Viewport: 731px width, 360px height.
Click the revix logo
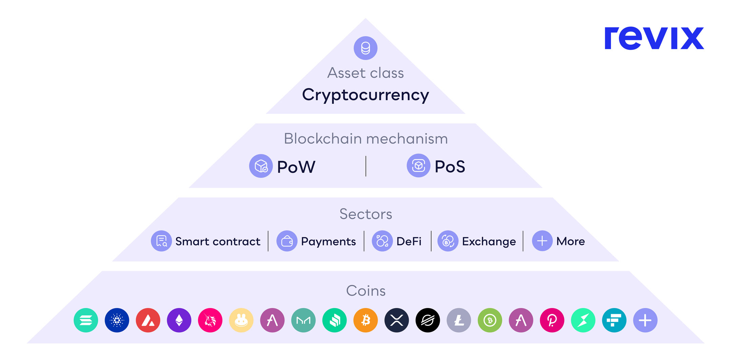[x=654, y=38]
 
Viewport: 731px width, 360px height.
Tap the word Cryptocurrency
[x=365, y=95]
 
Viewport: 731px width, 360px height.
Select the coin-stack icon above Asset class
[x=365, y=48]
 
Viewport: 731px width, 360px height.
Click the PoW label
[x=296, y=167]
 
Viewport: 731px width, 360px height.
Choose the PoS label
[x=450, y=166]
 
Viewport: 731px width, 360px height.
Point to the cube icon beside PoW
[x=261, y=166]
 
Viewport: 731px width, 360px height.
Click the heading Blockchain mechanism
[x=365, y=139]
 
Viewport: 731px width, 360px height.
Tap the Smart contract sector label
[x=218, y=241]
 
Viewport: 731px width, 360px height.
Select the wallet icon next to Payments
[x=287, y=241]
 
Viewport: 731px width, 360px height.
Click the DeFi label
[x=409, y=241]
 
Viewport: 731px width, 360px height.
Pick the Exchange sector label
[x=489, y=241]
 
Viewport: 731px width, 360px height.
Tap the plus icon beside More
[x=542, y=241]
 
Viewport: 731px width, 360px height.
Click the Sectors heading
[x=365, y=214]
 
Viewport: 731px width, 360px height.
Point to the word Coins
[x=365, y=291]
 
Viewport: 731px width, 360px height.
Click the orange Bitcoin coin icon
[x=365, y=320]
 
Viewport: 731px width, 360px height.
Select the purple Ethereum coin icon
[x=179, y=320]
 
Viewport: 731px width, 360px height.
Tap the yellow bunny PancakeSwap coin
[x=241, y=320]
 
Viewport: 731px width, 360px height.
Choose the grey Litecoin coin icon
[x=459, y=320]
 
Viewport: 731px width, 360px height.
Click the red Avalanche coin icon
[x=148, y=320]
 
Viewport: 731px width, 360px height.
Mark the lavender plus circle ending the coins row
[x=645, y=320]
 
